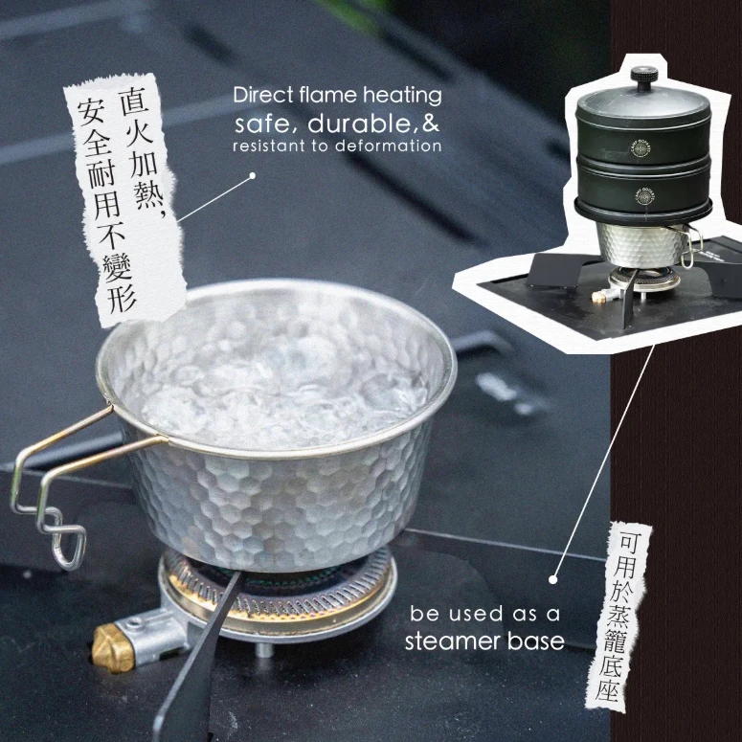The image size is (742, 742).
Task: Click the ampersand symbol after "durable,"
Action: (x=432, y=124)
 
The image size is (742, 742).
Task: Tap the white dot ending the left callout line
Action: (x=252, y=176)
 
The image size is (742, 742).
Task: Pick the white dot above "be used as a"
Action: (x=553, y=578)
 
